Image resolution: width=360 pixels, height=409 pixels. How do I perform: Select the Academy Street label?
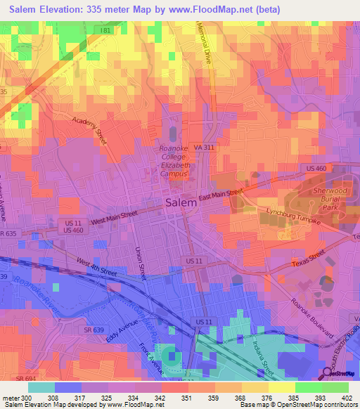click(89, 131)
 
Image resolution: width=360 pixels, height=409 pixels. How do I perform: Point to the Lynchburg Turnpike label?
click(294, 216)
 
